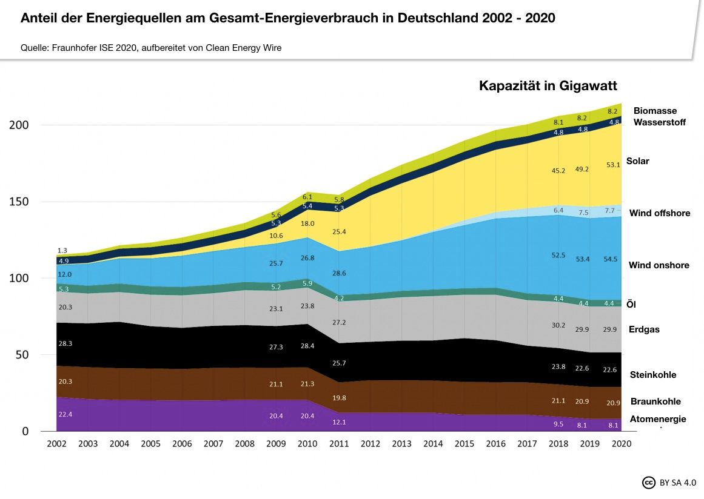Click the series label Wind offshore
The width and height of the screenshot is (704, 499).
pos(659,213)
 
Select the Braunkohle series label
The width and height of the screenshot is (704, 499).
pos(655,402)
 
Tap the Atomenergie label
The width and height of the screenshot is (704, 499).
pos(657,419)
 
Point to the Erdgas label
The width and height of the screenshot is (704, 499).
pos(644,329)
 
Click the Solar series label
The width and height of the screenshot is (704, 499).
pos(637,161)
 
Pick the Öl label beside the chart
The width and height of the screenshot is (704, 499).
pos(631,305)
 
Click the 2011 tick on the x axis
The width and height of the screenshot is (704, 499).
pos(339,444)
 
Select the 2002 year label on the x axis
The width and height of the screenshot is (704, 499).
pos(57,444)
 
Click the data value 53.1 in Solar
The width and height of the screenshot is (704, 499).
pos(613,165)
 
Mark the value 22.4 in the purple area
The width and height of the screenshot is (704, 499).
pos(65,414)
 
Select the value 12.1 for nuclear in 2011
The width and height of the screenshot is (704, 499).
pos(339,422)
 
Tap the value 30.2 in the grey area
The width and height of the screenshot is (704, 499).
pos(558,325)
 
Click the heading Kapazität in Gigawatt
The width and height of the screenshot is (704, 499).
pos(548,86)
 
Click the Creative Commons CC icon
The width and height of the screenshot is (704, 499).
pos(648,483)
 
